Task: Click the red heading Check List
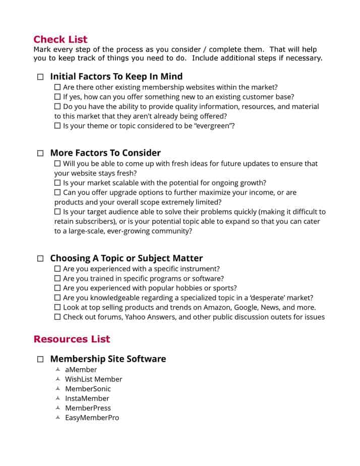[x=60, y=39]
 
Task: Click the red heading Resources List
[x=72, y=339]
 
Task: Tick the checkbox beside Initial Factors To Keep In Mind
[x=40, y=77]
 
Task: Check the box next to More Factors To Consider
[x=40, y=153]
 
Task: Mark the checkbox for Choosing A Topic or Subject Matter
[x=40, y=259]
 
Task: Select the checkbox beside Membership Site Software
[x=40, y=360]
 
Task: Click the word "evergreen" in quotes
[x=213, y=126]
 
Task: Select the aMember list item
[x=81, y=370]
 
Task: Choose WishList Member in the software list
[x=93, y=379]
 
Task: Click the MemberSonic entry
[x=88, y=389]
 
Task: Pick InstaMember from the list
[x=87, y=398]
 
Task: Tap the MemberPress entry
[x=88, y=408]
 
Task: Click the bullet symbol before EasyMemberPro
[x=58, y=418]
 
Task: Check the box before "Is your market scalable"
[x=57, y=183]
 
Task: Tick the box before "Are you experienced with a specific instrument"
[x=57, y=269]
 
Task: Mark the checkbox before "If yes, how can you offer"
[x=57, y=97]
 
